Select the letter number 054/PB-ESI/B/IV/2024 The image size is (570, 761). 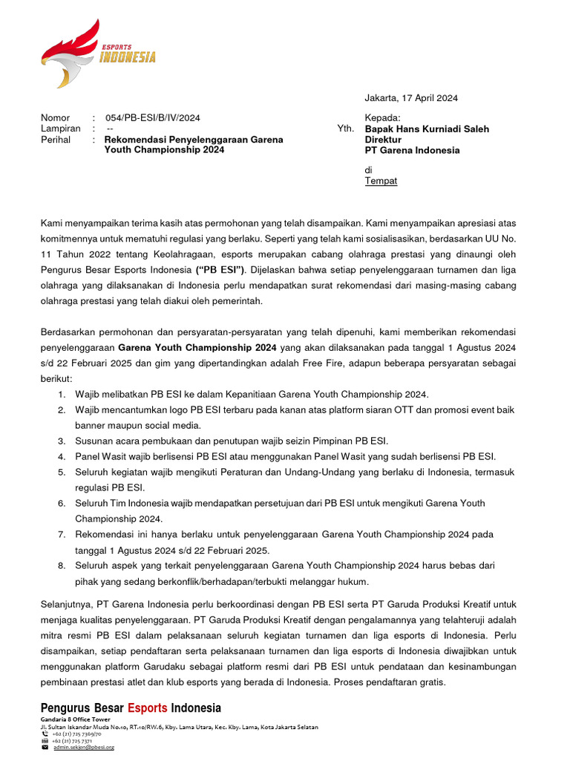pos(152,117)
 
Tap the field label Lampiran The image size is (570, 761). pos(60,129)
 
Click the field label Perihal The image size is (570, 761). pos(56,139)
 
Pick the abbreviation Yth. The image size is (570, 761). pos(345,129)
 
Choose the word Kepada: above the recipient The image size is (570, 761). pos(382,117)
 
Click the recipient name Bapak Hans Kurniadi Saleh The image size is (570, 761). pos(427,129)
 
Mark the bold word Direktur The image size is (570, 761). pos(383,139)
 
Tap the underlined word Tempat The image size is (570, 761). pos(381,181)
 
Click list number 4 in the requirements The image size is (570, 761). pos(62,456)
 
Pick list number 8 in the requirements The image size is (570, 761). pos(62,566)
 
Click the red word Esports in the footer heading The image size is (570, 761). pos(147,707)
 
